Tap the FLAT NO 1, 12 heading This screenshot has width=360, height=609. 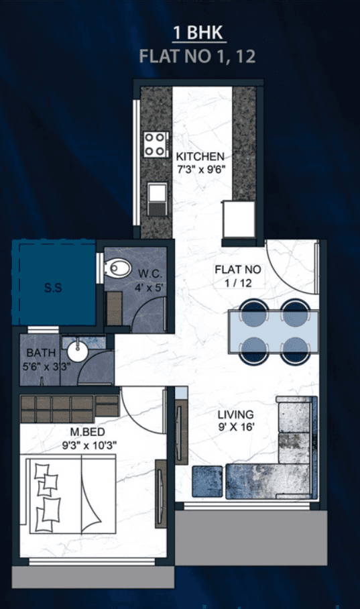[198, 56]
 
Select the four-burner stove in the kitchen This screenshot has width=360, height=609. [156, 144]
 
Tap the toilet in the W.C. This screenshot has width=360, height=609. [118, 269]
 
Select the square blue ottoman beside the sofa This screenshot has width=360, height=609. [207, 480]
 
